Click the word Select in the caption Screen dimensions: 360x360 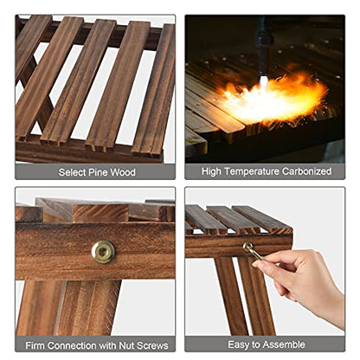72,172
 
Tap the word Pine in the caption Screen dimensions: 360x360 98,172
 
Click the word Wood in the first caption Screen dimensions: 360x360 123,172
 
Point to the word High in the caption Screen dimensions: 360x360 212,171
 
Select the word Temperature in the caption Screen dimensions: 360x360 252,171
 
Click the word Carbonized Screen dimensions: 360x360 306,171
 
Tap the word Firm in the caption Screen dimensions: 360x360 35,345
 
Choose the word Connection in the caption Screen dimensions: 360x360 72,345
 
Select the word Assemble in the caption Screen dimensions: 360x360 284,344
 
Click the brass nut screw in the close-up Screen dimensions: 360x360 103,252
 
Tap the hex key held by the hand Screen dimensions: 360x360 253,251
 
